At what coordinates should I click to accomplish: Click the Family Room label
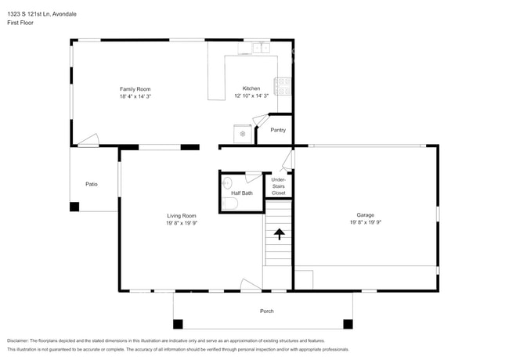click(x=135, y=88)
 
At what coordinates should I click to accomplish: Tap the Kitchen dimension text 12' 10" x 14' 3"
click(x=251, y=95)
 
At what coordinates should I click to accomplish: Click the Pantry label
click(x=278, y=130)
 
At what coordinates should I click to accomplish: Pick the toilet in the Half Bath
click(x=229, y=203)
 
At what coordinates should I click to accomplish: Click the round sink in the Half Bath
click(x=227, y=183)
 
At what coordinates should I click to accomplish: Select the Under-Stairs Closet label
click(x=279, y=186)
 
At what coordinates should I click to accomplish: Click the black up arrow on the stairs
click(x=278, y=232)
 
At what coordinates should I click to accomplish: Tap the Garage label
click(x=366, y=214)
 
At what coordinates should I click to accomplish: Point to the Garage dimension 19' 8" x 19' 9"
click(x=366, y=222)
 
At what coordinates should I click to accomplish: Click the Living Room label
click(x=181, y=215)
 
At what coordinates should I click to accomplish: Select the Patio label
click(x=92, y=184)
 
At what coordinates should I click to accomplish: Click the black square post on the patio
click(x=74, y=207)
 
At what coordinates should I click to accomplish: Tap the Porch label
click(x=267, y=311)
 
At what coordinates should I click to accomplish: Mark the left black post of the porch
click(x=178, y=323)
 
